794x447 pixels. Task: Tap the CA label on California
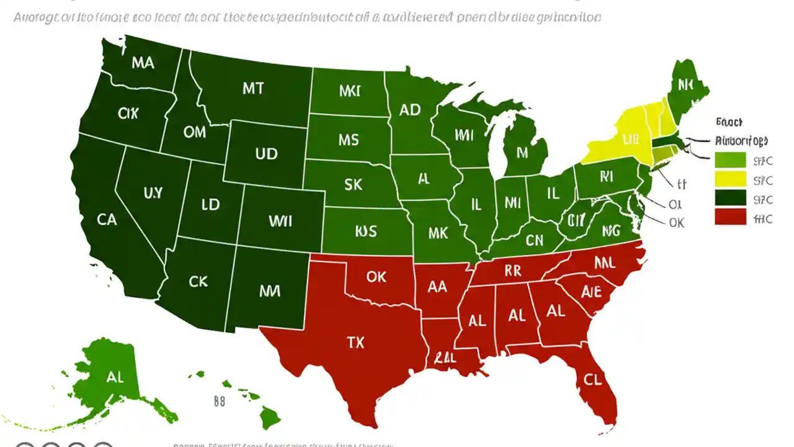[107, 219]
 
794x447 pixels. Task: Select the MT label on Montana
[252, 88]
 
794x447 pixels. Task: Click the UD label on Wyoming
[266, 153]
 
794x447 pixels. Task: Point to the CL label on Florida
[592, 380]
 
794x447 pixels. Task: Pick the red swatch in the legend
[730, 217]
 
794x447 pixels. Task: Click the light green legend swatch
[730, 160]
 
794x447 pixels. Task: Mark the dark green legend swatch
[730, 198]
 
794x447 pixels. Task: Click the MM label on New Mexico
[268, 290]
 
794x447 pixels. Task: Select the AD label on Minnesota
[410, 110]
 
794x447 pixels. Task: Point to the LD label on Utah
[211, 204]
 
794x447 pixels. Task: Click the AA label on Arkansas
[437, 287]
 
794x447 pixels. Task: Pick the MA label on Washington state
[142, 63]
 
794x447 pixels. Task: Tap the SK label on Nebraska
[353, 184]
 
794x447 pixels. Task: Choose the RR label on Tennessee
[512, 271]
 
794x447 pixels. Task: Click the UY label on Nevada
[153, 193]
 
